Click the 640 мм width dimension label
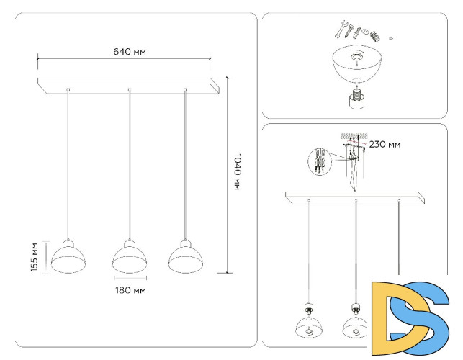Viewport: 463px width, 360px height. tap(126, 52)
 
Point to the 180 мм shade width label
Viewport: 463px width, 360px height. tap(130, 290)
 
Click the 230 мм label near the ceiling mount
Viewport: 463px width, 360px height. tap(385, 144)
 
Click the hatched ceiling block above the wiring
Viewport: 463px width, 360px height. tap(353, 135)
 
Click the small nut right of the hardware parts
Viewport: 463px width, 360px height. tap(390, 36)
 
